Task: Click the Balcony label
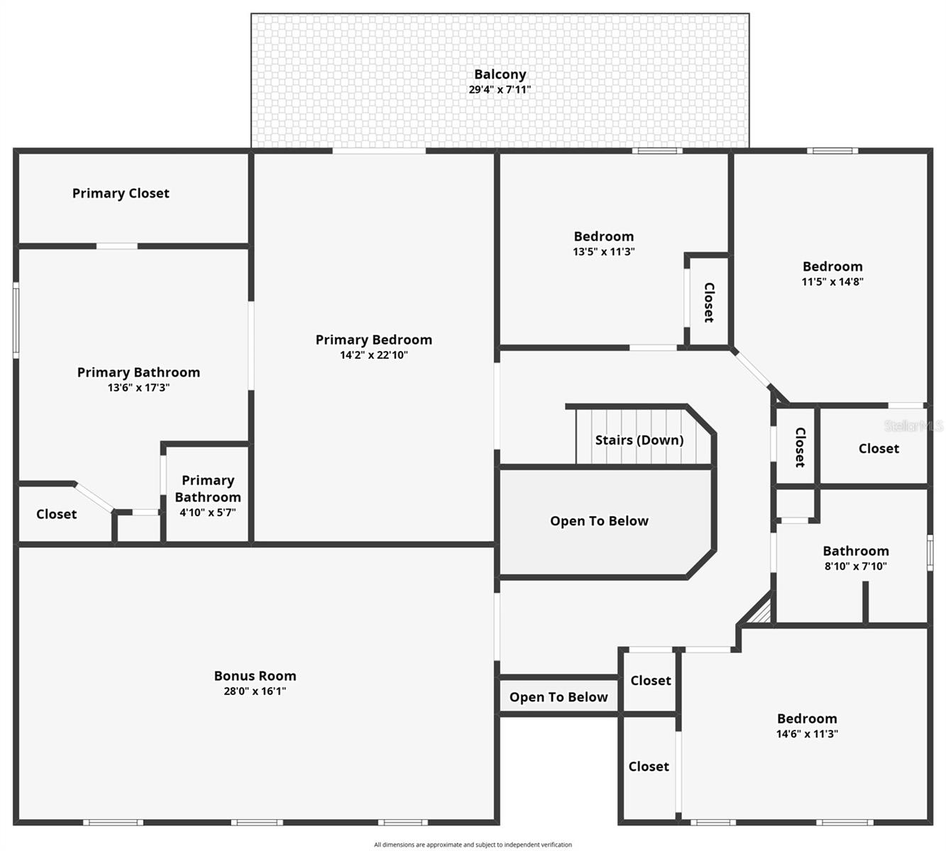click(x=500, y=74)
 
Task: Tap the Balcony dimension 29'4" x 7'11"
click(x=500, y=90)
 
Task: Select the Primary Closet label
click(x=121, y=193)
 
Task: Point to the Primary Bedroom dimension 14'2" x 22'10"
click(x=373, y=355)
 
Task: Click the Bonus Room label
click(x=255, y=676)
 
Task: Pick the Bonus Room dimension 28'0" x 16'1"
click(x=255, y=691)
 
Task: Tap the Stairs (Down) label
click(x=639, y=440)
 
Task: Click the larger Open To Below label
click(x=599, y=521)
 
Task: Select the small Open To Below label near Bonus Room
click(x=559, y=697)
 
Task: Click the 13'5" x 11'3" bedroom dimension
click(x=603, y=252)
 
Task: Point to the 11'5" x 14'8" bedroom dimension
click(x=832, y=282)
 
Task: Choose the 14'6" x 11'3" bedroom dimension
click(x=807, y=734)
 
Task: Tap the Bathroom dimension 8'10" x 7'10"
click(x=855, y=566)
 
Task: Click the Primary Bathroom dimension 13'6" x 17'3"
click(x=138, y=388)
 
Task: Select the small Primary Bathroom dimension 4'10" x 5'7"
click(x=207, y=513)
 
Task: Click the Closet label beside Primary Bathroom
click(x=56, y=514)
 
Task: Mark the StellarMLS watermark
click(x=913, y=425)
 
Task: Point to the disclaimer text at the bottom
click(x=473, y=845)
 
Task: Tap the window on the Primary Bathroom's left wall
click(x=16, y=319)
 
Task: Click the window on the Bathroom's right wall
click(x=930, y=552)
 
